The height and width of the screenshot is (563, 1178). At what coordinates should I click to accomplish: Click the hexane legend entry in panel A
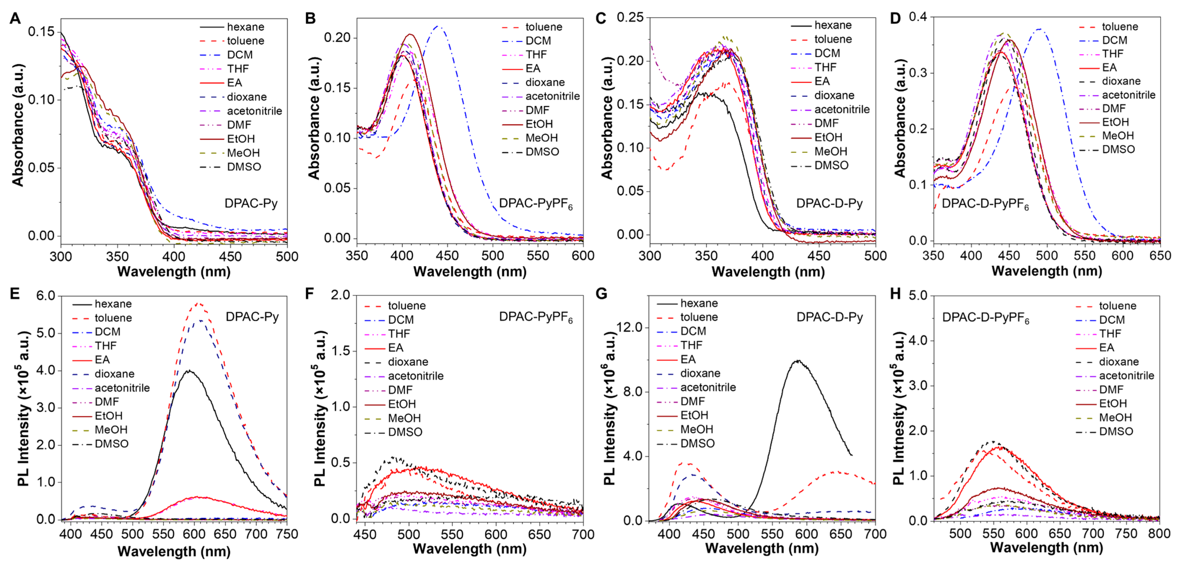coord(246,27)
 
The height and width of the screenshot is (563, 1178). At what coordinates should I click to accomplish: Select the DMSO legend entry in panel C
coord(831,166)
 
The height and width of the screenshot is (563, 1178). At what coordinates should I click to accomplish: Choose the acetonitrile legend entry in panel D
coord(1128,95)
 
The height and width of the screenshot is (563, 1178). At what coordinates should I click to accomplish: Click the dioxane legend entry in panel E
coord(114,374)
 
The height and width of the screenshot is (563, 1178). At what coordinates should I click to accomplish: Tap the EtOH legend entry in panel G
coord(694,415)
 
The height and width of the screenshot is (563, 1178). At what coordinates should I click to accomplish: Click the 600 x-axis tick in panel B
coord(583,256)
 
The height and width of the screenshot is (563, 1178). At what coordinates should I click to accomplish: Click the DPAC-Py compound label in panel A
coord(251,203)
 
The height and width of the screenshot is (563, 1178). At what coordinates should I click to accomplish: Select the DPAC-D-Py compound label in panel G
coord(829,317)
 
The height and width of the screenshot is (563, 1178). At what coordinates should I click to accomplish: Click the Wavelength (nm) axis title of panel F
coord(470,548)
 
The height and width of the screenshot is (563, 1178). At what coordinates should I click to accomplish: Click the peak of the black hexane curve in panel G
coord(798,361)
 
